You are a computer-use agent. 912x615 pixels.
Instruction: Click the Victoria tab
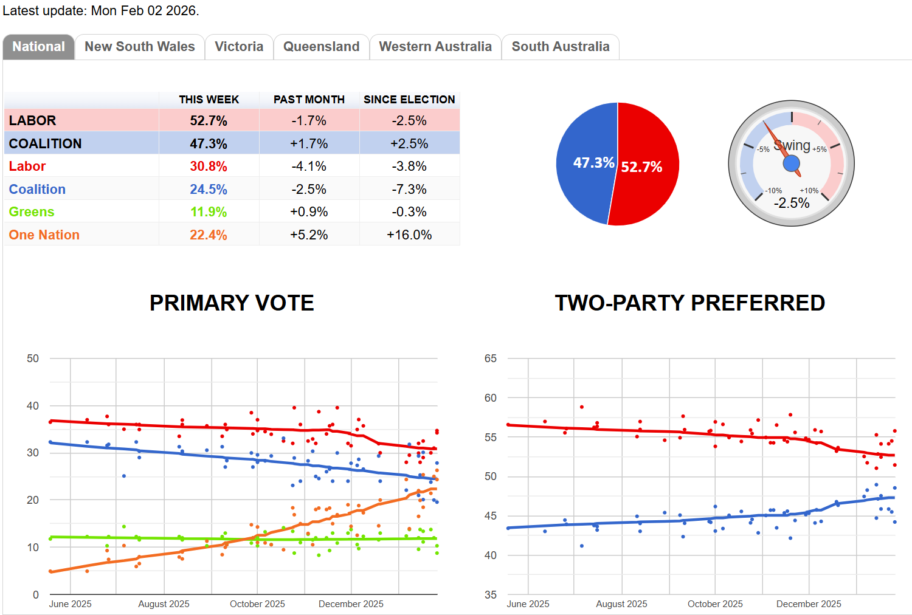[x=239, y=47]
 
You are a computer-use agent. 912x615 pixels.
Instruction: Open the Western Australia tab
[x=435, y=47]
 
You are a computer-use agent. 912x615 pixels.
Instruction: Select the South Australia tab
[x=560, y=47]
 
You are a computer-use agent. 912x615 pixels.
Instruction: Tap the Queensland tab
[x=321, y=47]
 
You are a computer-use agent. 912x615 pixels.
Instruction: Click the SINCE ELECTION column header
[x=409, y=100]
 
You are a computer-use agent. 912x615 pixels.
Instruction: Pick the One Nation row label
[x=44, y=235]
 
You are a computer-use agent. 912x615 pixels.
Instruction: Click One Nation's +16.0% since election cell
[x=409, y=235]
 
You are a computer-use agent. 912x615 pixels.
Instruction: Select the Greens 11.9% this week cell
[x=209, y=212]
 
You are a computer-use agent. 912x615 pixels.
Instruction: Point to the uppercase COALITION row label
[x=46, y=144]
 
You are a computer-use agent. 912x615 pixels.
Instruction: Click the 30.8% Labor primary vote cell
[x=209, y=167]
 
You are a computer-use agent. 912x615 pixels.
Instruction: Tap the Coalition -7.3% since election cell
[x=409, y=190]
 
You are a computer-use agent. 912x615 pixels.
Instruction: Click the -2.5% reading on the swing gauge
[x=792, y=204]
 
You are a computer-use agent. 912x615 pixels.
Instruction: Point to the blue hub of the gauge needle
[x=791, y=163]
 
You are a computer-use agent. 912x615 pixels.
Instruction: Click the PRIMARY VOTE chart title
[x=232, y=303]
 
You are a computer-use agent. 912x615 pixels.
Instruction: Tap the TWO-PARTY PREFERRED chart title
[x=689, y=303]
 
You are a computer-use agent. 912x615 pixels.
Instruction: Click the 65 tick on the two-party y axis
[x=491, y=359]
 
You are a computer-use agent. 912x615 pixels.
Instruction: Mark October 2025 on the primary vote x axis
[x=257, y=604]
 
